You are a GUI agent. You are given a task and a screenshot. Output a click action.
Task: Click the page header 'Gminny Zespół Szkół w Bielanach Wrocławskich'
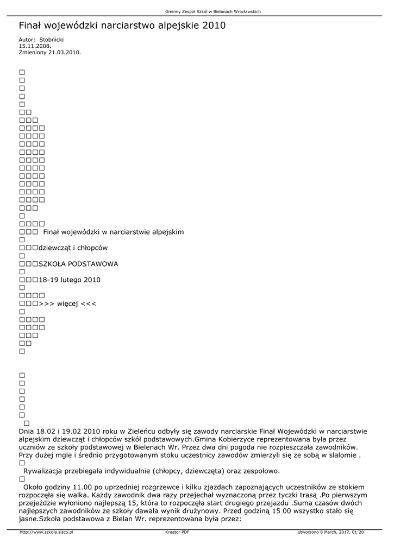coord(212,11)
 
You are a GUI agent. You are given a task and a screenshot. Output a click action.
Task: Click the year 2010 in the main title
coord(213,26)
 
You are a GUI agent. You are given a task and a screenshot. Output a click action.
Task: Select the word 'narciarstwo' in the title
coord(126,26)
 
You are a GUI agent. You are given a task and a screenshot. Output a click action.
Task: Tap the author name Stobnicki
coord(51,40)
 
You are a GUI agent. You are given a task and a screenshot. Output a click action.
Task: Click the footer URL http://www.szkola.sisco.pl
coord(46,532)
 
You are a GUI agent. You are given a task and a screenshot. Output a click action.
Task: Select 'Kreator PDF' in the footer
coord(177,532)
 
